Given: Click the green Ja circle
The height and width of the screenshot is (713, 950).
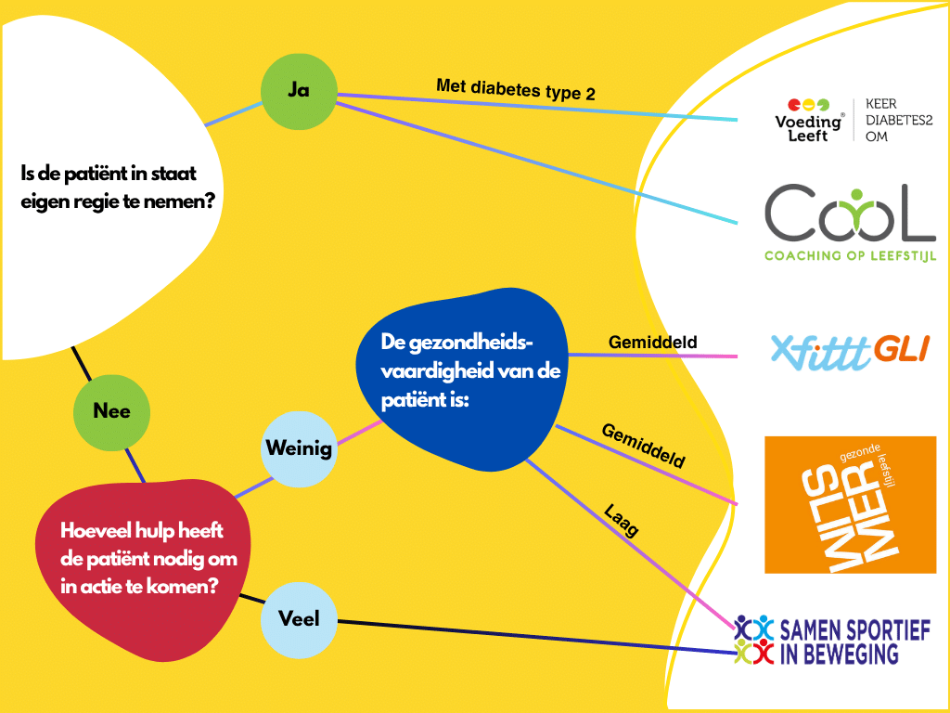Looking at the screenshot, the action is pos(299,92).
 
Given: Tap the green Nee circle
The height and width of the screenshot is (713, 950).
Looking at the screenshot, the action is pos(111,412).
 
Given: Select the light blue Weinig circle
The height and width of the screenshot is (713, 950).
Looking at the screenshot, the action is pos(299,449).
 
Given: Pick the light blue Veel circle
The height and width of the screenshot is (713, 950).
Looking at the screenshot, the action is pos(299,619).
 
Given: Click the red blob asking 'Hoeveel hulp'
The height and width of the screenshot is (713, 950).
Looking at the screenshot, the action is pos(142,570).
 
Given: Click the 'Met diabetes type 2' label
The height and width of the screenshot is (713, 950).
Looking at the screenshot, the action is pos(516,90).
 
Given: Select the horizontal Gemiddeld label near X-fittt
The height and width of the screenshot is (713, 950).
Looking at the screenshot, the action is pos(652,343).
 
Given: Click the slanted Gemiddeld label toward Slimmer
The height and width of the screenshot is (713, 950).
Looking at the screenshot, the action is pos(643,447).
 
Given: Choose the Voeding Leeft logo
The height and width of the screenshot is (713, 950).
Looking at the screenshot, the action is pos(809,121).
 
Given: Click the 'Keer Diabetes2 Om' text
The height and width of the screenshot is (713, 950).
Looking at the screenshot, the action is pos(898,120).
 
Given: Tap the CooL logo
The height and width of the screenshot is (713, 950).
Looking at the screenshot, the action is pos(850,213).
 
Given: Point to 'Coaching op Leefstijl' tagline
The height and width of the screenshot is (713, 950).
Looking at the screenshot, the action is pos(850,256).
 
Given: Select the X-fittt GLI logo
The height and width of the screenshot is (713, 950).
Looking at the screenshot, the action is pos(850,352).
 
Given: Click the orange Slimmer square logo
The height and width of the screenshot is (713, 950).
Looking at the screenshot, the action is pos(850,504).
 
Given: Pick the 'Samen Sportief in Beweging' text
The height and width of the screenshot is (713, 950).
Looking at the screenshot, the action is pos(854,642).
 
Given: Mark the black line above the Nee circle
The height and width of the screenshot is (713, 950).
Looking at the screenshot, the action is pos(82,363).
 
